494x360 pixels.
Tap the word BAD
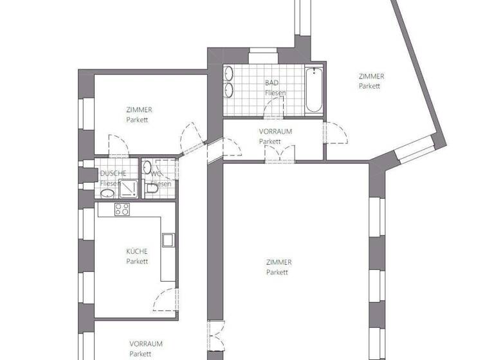coord(272,83)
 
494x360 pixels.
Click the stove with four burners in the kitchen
coord(122,210)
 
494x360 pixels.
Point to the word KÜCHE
coord(137,252)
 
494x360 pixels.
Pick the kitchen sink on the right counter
coord(168,240)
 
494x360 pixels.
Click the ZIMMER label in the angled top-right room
coord(371,76)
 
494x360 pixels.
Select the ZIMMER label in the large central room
coord(279,262)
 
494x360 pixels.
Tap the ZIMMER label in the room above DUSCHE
coord(140,110)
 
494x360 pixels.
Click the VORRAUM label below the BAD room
coord(275,131)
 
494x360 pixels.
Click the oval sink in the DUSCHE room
coord(109,194)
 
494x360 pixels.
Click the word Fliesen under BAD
coord(275,93)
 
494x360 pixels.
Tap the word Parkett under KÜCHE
coord(137,262)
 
